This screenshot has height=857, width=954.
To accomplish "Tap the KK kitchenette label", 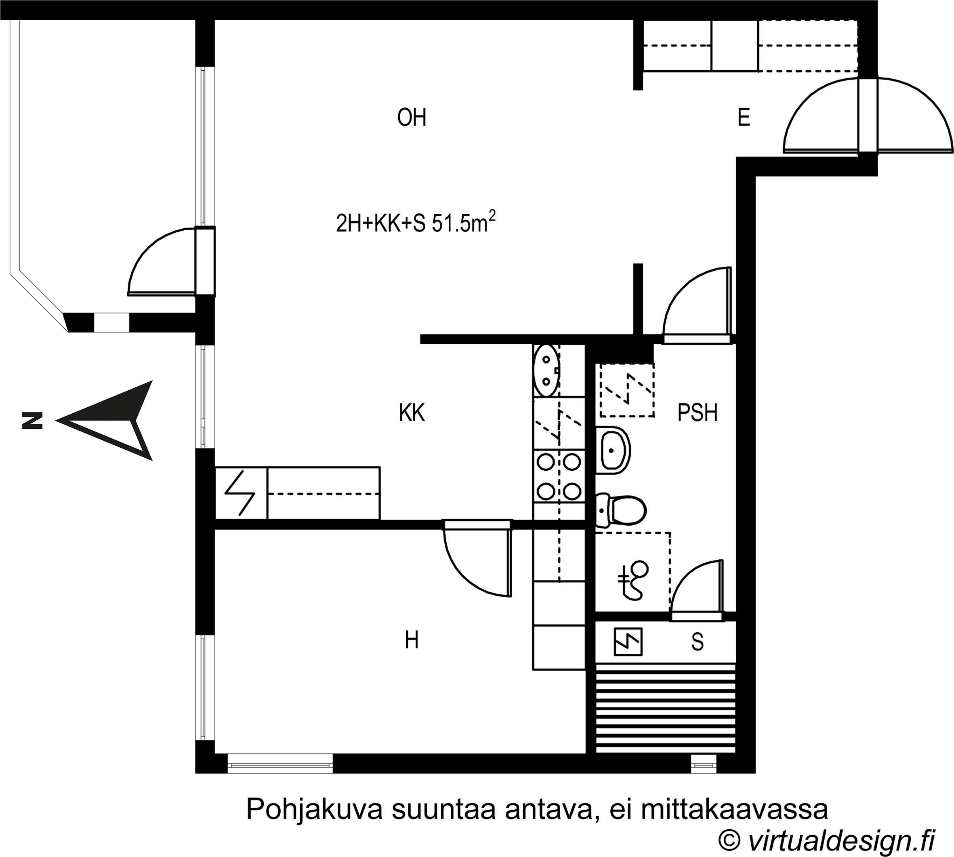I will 412,413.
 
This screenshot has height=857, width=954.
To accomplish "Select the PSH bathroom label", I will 697,413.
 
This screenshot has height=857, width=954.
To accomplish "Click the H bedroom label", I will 412,640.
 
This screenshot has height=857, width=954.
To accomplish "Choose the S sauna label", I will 697,642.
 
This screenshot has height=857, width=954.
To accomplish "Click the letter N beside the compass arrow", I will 32,421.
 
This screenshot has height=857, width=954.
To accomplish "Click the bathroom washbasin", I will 613,450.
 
